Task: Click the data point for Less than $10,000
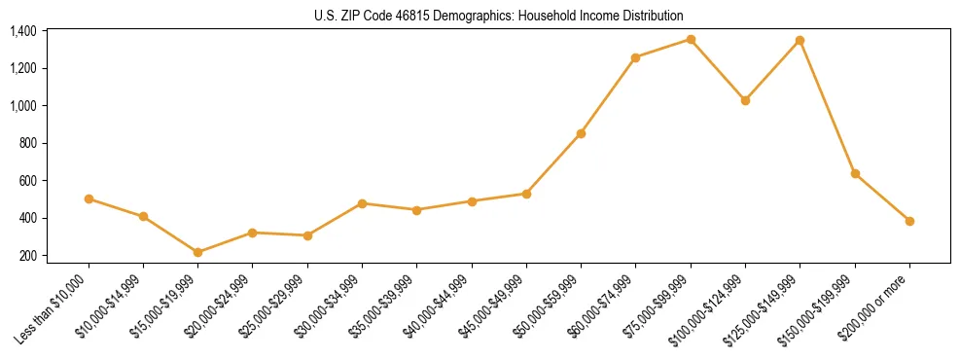click(89, 198)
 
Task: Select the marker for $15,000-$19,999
click(198, 252)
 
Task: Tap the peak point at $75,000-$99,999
click(691, 39)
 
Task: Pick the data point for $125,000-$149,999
click(800, 40)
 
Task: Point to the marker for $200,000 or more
click(909, 221)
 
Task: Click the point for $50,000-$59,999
click(581, 133)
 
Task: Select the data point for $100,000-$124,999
click(745, 100)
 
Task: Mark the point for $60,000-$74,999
click(636, 57)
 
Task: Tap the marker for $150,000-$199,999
click(855, 173)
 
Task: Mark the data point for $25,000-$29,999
click(307, 235)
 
